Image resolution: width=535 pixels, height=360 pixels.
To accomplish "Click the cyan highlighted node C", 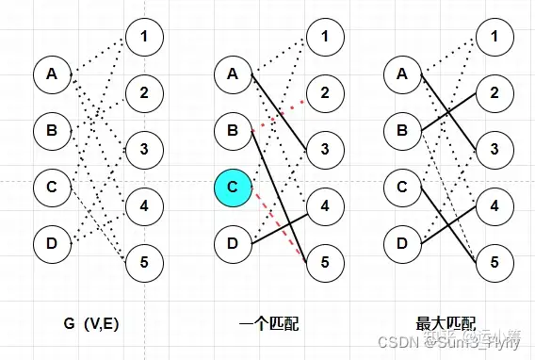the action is tap(233, 188).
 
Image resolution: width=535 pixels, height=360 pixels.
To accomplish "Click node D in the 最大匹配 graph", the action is tap(402, 245).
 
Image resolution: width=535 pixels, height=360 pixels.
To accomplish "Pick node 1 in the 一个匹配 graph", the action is tap(324, 37).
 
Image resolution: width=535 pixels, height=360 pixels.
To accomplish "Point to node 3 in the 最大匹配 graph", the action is tap(494, 148).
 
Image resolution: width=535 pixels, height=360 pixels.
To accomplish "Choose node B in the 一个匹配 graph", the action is tap(233, 130).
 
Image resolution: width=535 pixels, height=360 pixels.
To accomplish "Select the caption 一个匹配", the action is tap(274, 321).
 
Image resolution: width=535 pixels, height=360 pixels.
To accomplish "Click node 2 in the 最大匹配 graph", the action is tap(494, 92).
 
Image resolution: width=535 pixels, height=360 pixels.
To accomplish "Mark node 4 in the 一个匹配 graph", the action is tap(324, 204).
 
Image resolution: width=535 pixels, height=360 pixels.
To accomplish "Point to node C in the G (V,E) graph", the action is tap(52, 188).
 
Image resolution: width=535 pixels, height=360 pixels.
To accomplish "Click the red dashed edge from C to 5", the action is tap(279, 226).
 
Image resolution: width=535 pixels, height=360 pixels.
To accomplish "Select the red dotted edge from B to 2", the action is tap(280, 110).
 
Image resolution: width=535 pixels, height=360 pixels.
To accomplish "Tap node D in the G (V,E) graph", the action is tap(52, 245).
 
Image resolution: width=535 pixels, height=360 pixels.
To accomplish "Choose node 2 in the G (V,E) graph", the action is tap(143, 92).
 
